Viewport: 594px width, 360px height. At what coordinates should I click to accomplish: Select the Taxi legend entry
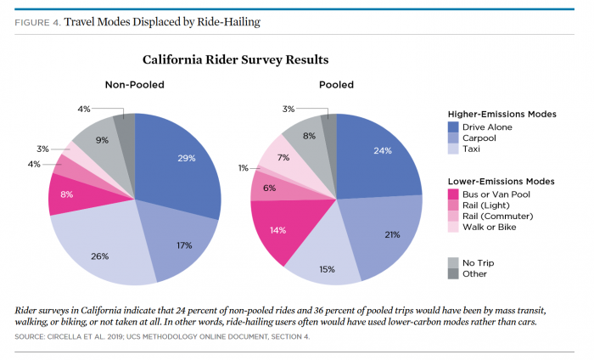pos(473,149)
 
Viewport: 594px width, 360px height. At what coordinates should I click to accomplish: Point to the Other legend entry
pos(474,274)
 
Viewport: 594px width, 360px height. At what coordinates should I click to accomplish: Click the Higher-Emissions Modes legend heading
pos(502,113)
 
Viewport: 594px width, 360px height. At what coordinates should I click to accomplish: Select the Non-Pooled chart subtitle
pos(134,85)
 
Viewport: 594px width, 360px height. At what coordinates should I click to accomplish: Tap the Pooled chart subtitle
pos(336,85)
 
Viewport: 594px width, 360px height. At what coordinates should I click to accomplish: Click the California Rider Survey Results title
pos(235,60)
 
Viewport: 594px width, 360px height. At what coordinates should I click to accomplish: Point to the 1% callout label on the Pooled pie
pos(243,167)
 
